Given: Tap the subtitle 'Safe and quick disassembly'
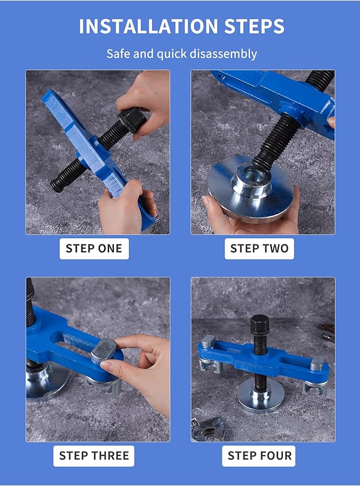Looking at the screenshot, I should click(x=181, y=54).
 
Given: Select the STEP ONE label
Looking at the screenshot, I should click(x=94, y=248).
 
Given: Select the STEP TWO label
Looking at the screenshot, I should click(x=259, y=248).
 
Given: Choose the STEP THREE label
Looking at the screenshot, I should click(x=94, y=456).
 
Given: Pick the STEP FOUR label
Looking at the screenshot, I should click(x=259, y=456).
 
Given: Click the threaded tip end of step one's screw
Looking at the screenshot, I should click(x=56, y=185).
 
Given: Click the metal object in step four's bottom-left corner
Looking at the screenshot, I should click(x=209, y=428).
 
